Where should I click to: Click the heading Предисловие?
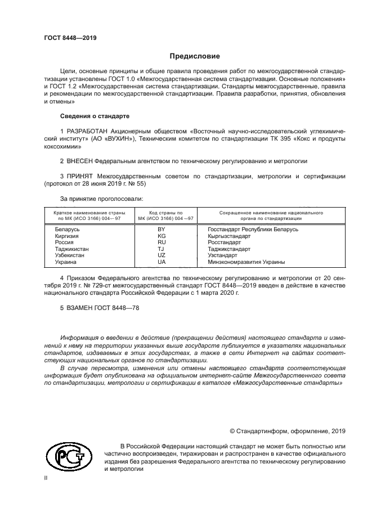(195, 56)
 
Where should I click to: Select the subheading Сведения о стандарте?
(95, 116)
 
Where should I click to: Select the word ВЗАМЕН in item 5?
(82, 308)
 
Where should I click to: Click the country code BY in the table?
(161, 230)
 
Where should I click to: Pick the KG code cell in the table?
(161, 236)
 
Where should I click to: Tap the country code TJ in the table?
(161, 249)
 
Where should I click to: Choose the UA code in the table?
(161, 262)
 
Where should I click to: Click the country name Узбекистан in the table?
(70, 255)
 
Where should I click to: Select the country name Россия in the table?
(64, 242)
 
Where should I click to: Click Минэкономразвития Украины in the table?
(246, 262)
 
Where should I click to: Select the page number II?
(46, 478)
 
